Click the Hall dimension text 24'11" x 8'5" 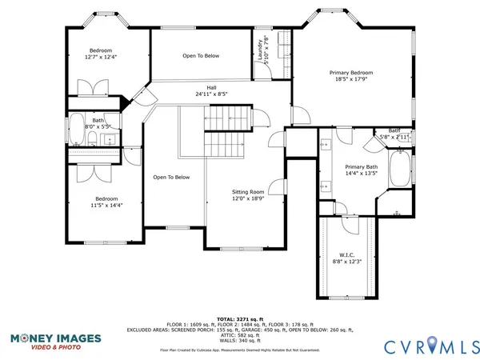pos(211,94)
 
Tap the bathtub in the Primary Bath pos(400,169)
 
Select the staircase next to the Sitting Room pos(224,145)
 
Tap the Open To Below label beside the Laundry pos(200,55)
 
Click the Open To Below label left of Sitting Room pos(171,177)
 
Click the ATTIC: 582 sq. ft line pos(240,334)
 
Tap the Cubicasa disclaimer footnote pos(240,350)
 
